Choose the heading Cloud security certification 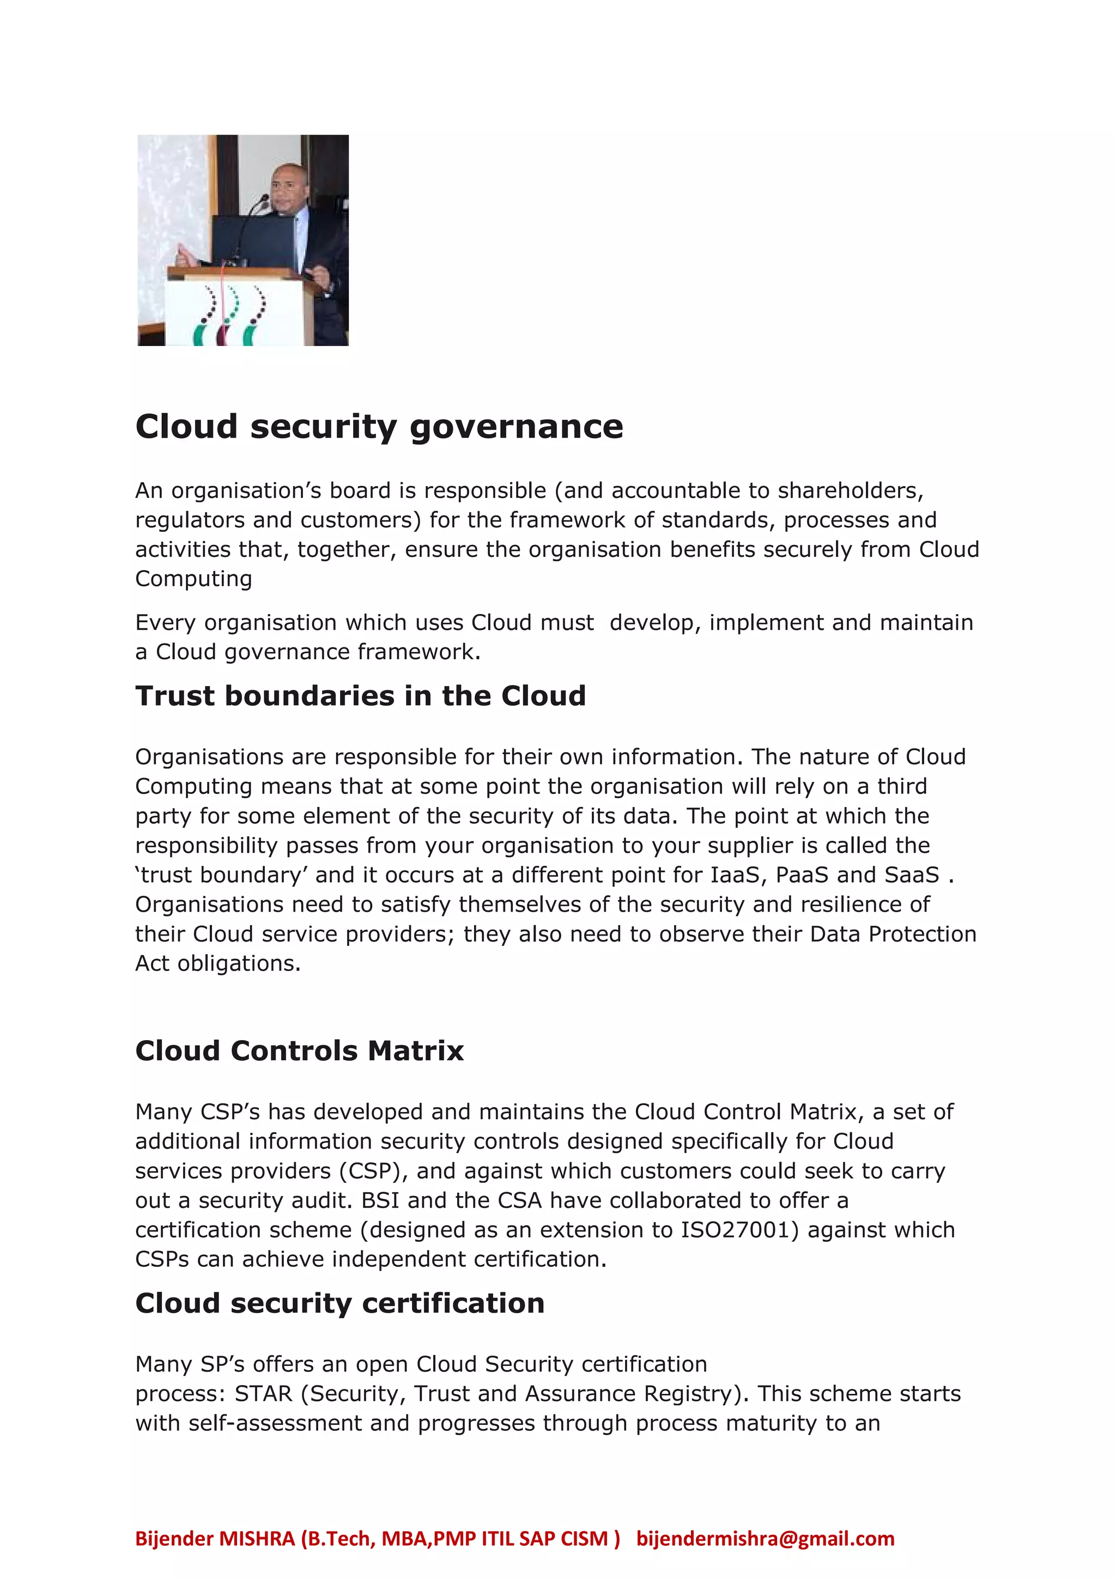(x=339, y=1303)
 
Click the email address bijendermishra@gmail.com (x=765, y=1538)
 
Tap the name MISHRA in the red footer (x=257, y=1538)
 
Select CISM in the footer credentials (x=584, y=1538)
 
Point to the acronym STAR (x=263, y=1393)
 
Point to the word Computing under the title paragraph (x=193, y=579)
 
